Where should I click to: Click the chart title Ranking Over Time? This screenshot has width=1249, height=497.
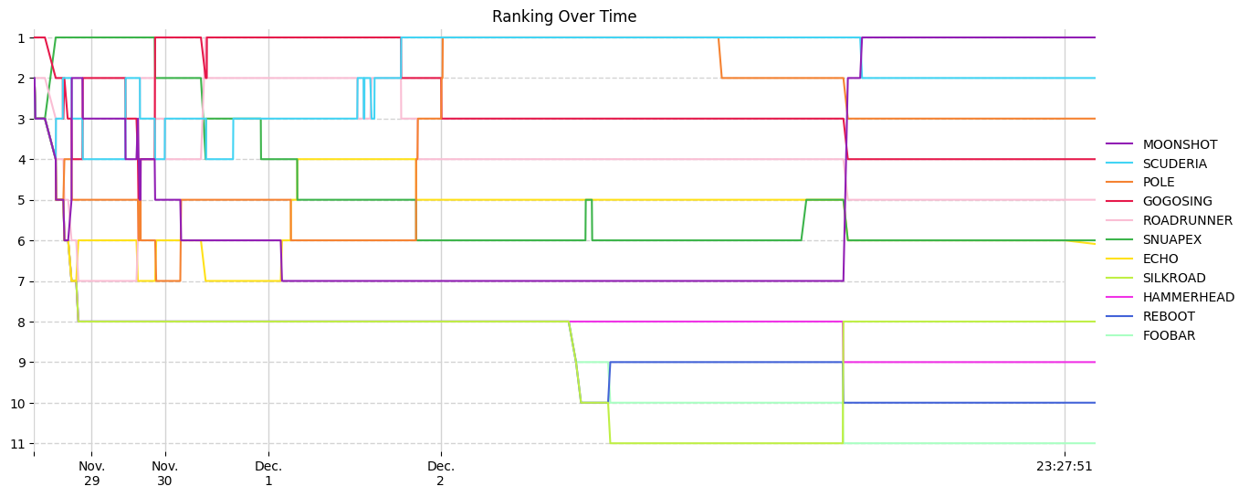[x=564, y=16]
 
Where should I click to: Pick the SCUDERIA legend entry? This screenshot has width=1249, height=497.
[x=1174, y=164]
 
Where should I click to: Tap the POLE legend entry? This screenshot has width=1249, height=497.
[x=1160, y=183]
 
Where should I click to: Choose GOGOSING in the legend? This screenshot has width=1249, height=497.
[x=1177, y=202]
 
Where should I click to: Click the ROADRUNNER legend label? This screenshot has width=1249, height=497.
[x=1187, y=221]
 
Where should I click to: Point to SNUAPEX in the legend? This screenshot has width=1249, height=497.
[x=1172, y=240]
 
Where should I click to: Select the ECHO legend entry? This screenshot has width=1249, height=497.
[x=1160, y=259]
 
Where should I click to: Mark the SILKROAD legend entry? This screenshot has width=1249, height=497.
[x=1174, y=279]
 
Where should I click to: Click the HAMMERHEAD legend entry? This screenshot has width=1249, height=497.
[x=1188, y=298]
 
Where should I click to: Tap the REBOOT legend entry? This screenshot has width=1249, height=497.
[x=1169, y=317]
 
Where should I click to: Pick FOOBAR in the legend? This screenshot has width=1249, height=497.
[x=1169, y=336]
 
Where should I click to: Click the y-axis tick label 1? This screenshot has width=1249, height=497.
[x=20, y=38]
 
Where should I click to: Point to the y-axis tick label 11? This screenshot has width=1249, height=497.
[x=16, y=444]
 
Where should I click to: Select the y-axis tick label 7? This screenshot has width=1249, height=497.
[x=20, y=281]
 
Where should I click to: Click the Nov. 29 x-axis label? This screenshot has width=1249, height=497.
[x=91, y=473]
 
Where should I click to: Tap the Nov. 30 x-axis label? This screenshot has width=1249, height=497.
[x=164, y=473]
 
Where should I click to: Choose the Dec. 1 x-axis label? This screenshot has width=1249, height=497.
[x=268, y=473]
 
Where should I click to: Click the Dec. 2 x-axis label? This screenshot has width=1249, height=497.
[x=441, y=473]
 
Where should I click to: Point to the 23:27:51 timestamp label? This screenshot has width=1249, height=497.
[x=1065, y=467]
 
